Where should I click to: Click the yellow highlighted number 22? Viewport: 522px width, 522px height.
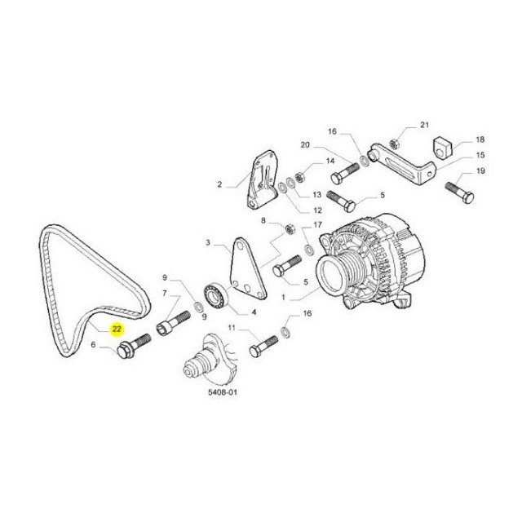[x=117, y=330]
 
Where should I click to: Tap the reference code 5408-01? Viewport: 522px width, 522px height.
[x=223, y=392]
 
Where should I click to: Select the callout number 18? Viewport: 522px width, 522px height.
[x=480, y=139]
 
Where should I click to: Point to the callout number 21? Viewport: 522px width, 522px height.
[x=424, y=125]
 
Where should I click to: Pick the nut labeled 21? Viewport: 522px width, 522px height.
[x=394, y=144]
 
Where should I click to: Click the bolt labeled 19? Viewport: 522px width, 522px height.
[x=460, y=192]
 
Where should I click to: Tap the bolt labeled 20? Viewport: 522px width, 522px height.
[x=346, y=173]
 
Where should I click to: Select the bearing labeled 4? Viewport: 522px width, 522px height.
[x=215, y=294]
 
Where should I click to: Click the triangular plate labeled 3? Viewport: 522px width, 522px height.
[x=248, y=268]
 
